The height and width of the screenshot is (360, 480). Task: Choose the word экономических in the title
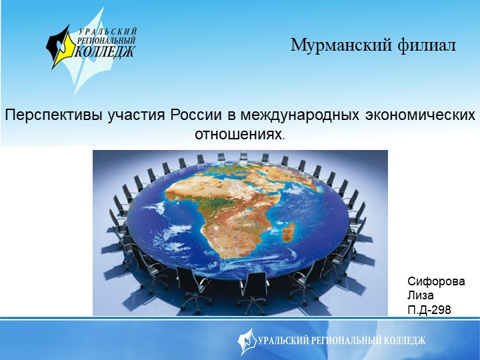(x=420, y=115)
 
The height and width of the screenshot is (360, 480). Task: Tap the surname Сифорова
(x=436, y=281)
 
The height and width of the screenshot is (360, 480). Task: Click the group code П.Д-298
(x=429, y=309)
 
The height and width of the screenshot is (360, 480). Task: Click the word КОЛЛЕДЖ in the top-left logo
(x=107, y=51)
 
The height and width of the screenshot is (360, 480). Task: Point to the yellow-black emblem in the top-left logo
(x=61, y=46)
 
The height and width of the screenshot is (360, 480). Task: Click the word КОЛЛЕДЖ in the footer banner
(x=403, y=341)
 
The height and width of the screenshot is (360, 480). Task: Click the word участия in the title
(x=139, y=115)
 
